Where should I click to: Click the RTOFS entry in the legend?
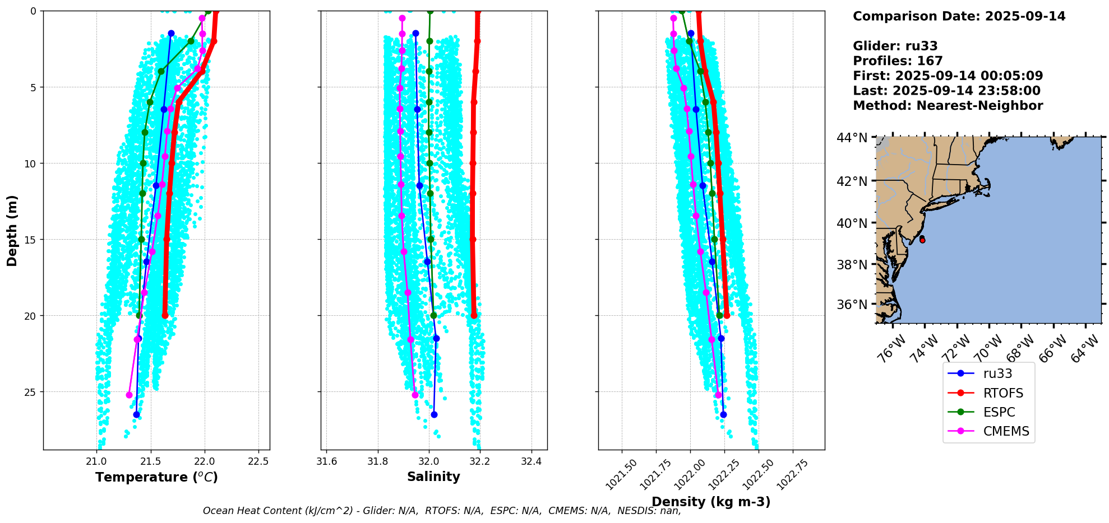[x=1002, y=393]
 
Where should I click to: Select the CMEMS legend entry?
[x=1006, y=431]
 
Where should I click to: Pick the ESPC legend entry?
[x=999, y=412]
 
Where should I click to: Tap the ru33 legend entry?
[x=997, y=373]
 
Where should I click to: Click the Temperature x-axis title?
[x=156, y=477]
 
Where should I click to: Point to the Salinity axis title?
[x=433, y=477]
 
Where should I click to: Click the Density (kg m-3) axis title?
[x=711, y=502]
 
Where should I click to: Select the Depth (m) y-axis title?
[x=12, y=231]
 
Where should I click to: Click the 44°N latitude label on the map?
[x=852, y=138]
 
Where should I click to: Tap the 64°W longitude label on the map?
[x=1086, y=348]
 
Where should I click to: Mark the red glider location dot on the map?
[x=922, y=240]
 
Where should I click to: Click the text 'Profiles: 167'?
[x=898, y=61]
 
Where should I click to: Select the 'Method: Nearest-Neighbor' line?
[x=948, y=106]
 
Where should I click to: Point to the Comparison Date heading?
[x=959, y=16]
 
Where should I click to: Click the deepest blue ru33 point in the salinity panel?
[x=434, y=414]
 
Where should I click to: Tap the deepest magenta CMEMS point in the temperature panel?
[x=130, y=395]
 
